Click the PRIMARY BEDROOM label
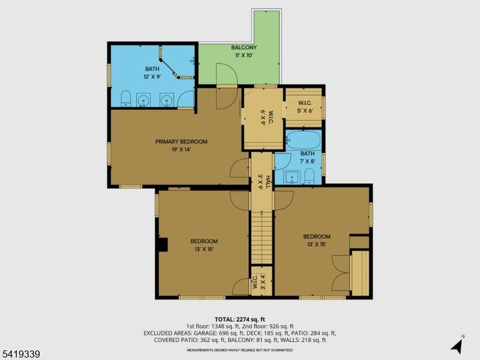[181, 142]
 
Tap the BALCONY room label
[244, 47]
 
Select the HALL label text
[268, 182]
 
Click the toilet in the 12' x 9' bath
[126, 98]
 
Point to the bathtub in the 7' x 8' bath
[304, 140]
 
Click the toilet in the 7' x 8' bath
[309, 176]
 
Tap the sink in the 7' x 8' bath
[292, 177]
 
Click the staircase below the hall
[261, 237]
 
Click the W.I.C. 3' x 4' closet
[261, 281]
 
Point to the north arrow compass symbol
[457, 344]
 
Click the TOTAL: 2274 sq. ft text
[240, 319]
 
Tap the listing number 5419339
[20, 354]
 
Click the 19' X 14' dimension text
[181, 150]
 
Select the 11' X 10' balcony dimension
[244, 56]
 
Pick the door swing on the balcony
[227, 74]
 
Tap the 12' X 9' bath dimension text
[152, 76]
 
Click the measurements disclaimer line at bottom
[240, 349]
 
